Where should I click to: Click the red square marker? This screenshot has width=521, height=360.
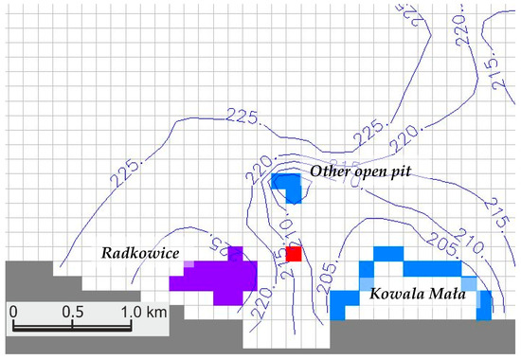[x=294, y=254]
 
